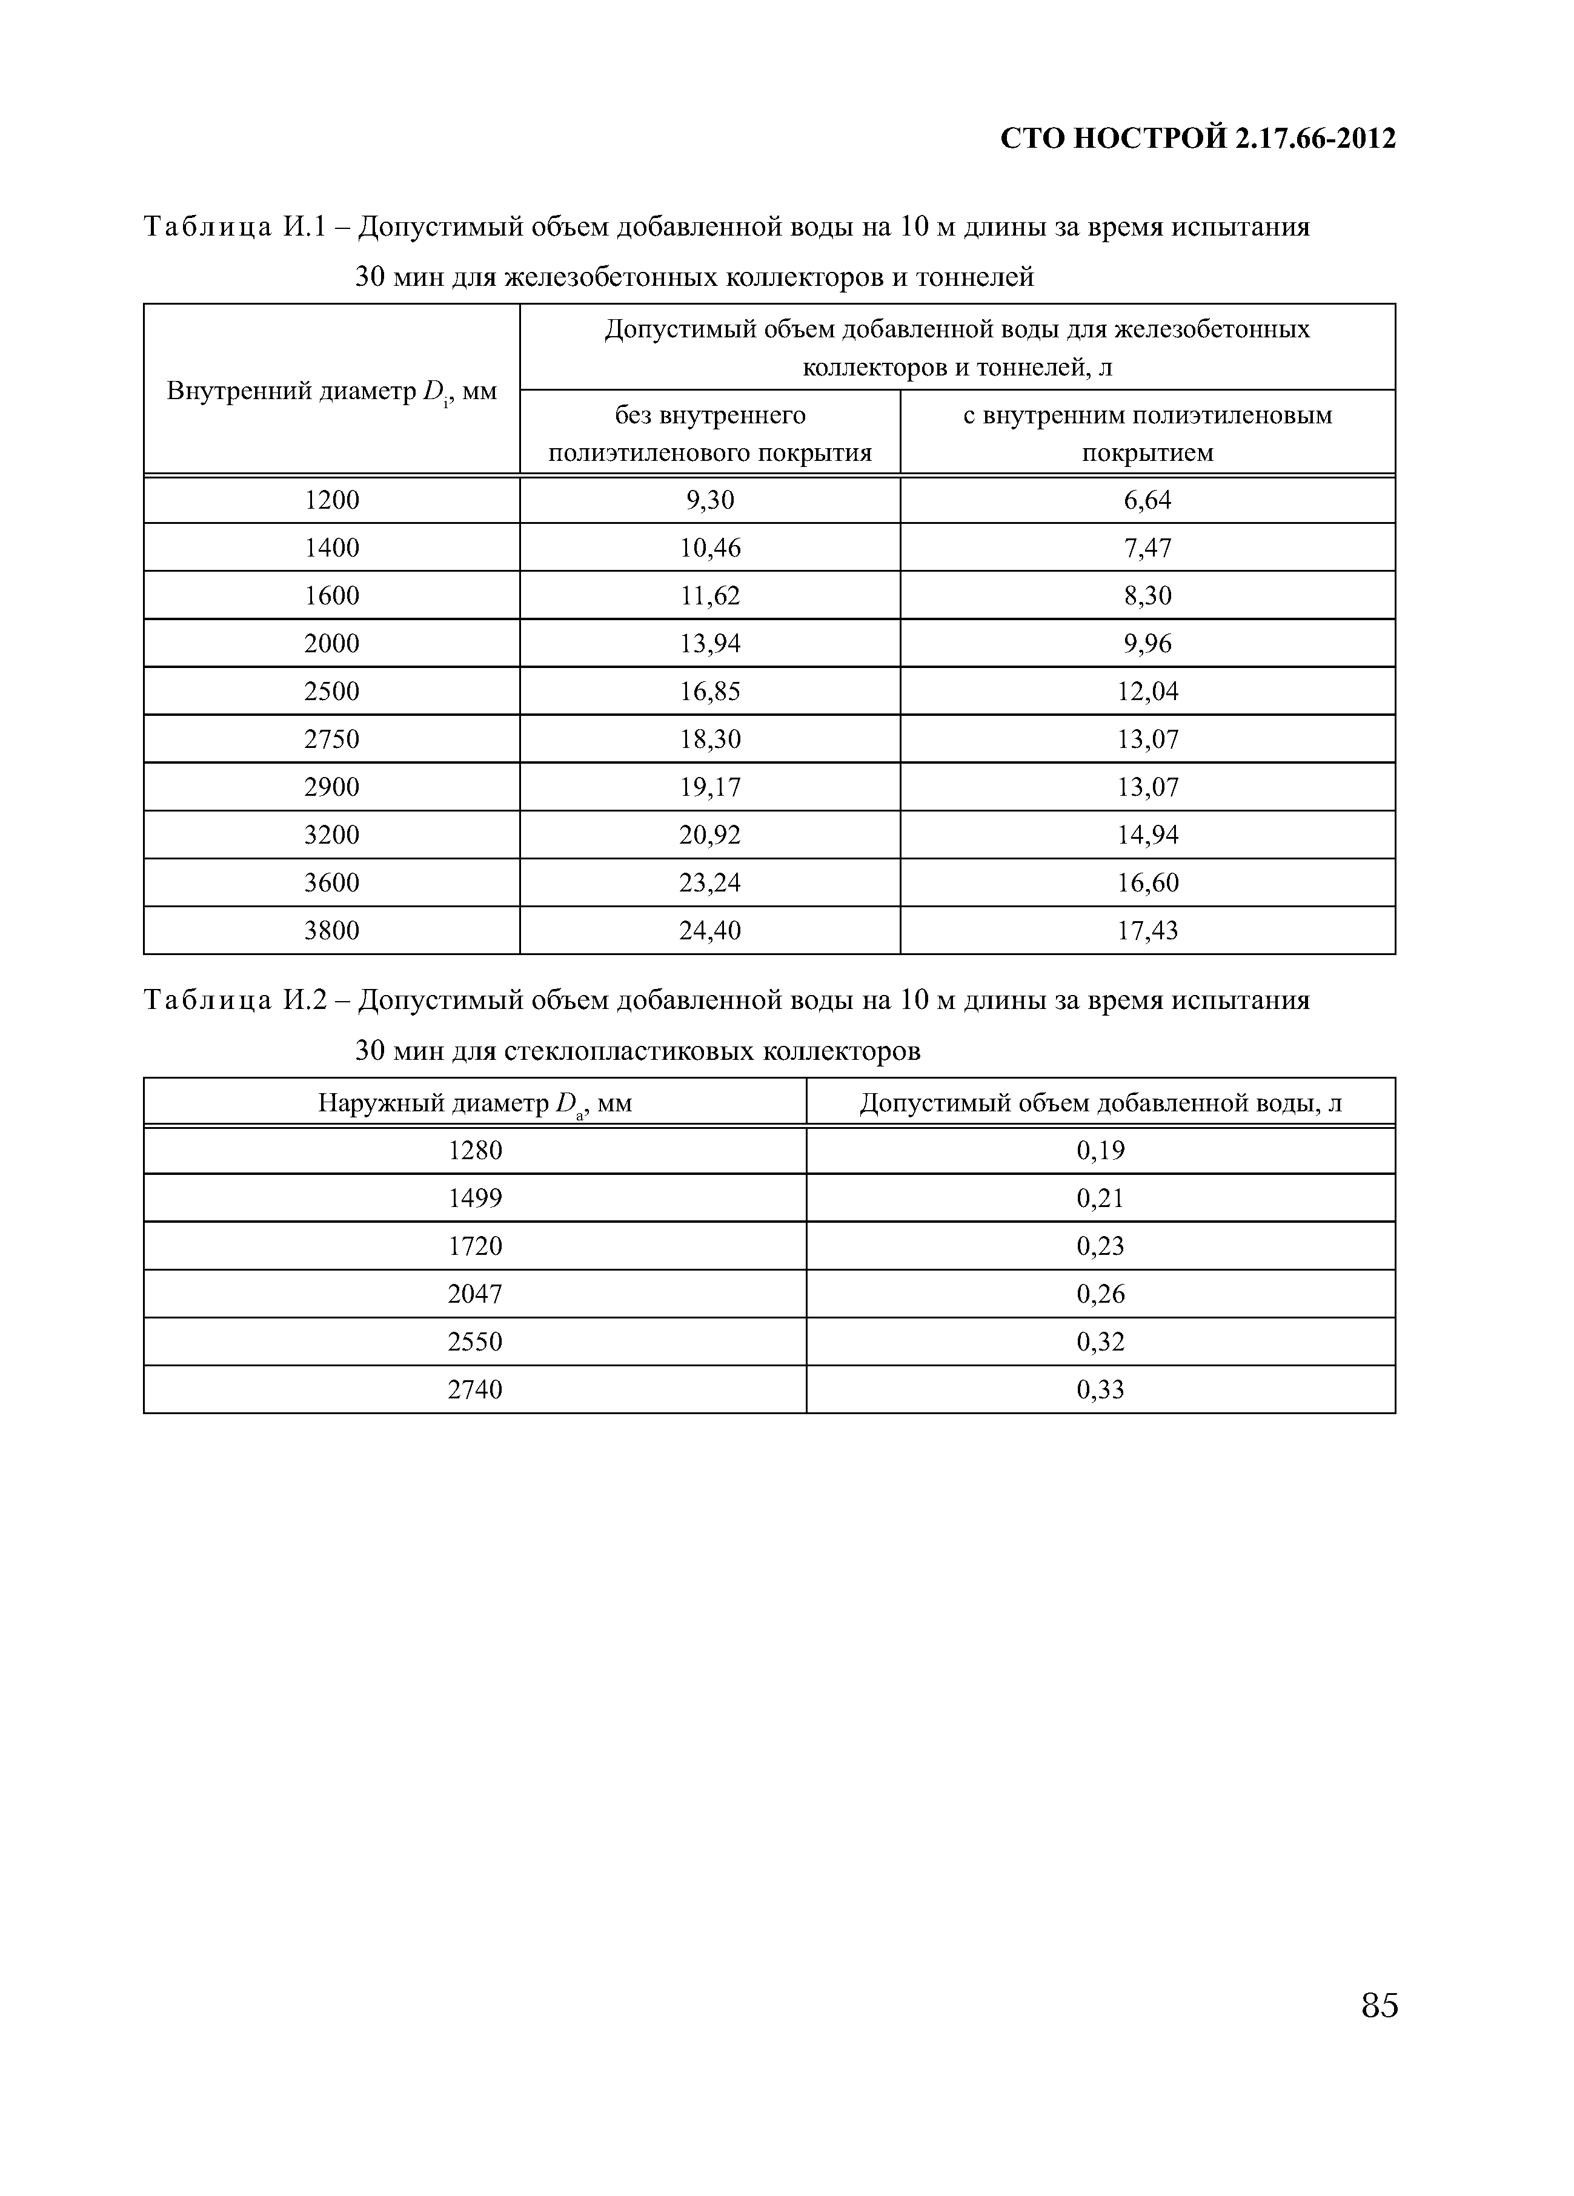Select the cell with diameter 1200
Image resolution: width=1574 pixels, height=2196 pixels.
(x=331, y=500)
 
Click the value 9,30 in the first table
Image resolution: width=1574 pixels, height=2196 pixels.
(x=710, y=500)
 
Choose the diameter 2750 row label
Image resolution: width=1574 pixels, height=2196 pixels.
(x=331, y=739)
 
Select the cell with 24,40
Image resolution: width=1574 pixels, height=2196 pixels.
(x=710, y=930)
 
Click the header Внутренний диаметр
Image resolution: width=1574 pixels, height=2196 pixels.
(x=331, y=391)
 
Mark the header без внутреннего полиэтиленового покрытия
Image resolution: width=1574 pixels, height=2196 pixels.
(x=710, y=434)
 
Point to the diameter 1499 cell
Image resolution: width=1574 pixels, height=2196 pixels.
(x=474, y=1198)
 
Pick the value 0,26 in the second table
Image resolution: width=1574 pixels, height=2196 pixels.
(x=1100, y=1294)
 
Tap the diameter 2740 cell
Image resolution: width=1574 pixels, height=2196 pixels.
(x=474, y=1389)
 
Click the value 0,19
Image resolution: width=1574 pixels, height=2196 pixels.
(x=1100, y=1150)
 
